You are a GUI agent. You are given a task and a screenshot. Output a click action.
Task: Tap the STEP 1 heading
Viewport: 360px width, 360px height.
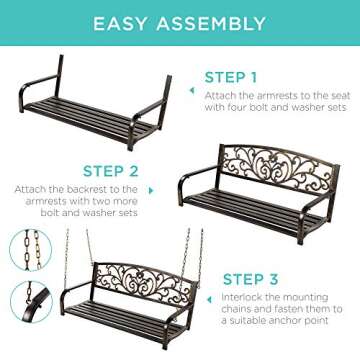point(230,76)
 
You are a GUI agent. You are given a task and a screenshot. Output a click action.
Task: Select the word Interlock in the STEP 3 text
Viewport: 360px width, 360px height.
point(240,271)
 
